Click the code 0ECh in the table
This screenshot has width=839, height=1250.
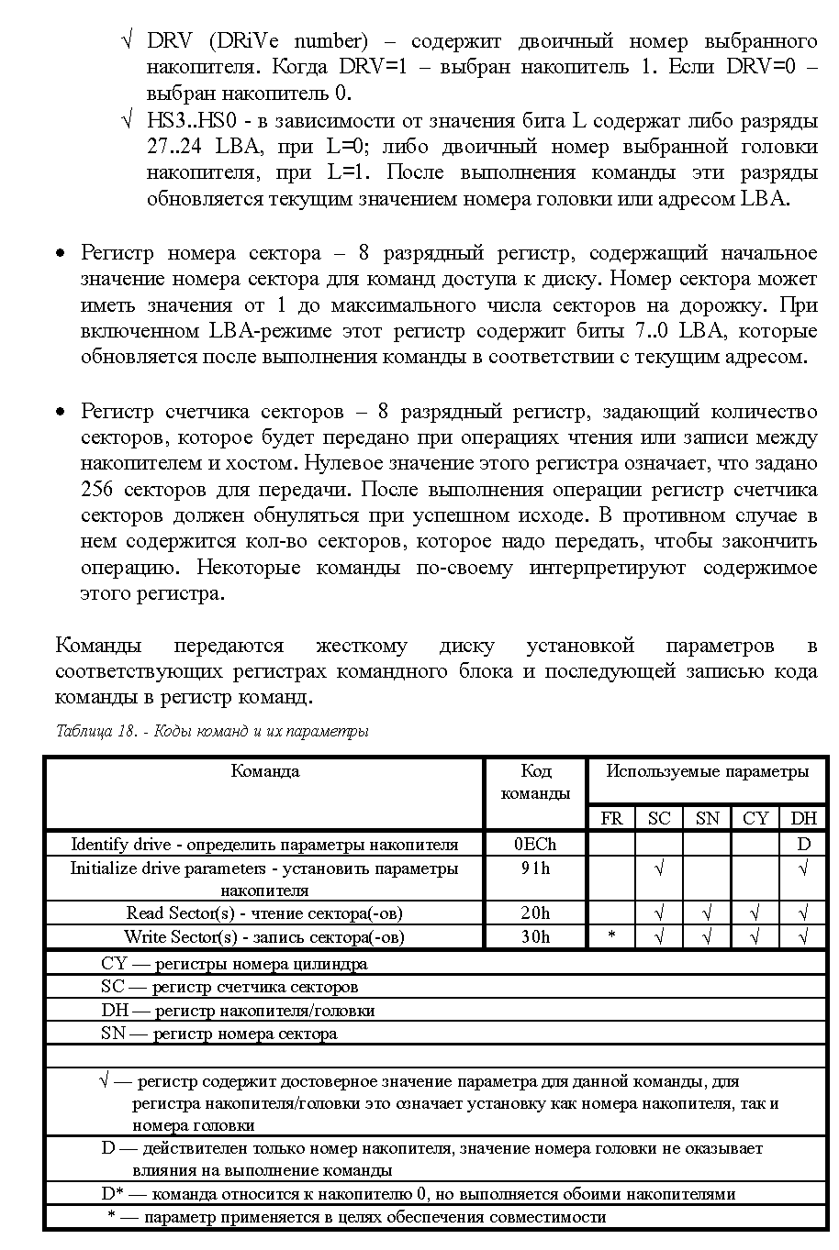[x=535, y=844]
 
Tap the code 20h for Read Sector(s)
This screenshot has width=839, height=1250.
[x=535, y=913]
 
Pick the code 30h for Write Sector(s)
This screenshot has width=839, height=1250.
[x=535, y=936]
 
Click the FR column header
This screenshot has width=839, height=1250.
[x=611, y=818]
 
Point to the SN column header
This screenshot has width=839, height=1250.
[x=707, y=818]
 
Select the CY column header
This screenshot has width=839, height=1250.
[x=755, y=818]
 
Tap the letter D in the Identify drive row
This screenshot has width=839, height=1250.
[x=803, y=844]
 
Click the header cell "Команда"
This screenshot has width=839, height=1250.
[x=264, y=771]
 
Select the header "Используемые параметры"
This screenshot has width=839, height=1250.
[x=707, y=771]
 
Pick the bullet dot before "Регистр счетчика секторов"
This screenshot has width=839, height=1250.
[x=61, y=412]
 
